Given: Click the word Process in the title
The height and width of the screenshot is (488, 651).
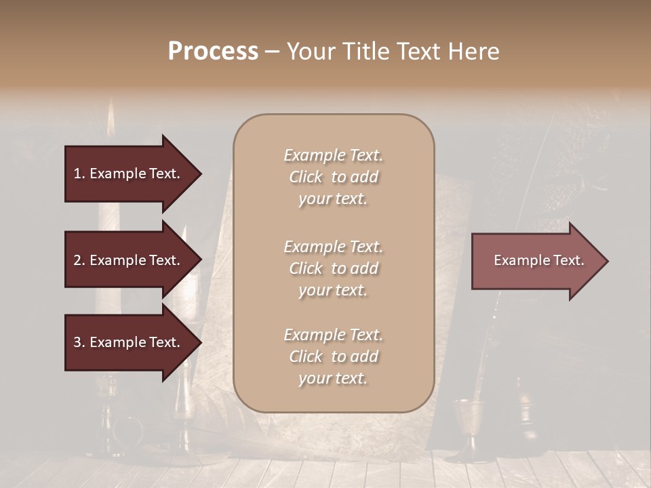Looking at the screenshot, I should [x=213, y=52].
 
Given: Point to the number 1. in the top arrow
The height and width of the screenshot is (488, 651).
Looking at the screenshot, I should [x=79, y=174].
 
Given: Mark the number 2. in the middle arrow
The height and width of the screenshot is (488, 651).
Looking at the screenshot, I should [x=79, y=260].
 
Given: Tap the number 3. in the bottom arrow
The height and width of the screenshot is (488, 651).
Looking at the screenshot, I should [x=79, y=342].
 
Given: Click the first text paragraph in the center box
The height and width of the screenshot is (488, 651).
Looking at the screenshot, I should [x=333, y=177].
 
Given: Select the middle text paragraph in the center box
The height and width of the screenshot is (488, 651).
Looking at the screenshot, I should [x=333, y=268].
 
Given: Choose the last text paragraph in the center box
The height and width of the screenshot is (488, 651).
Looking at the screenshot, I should [x=333, y=357].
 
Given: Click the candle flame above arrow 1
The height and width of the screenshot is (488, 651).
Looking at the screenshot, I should [x=111, y=119].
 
